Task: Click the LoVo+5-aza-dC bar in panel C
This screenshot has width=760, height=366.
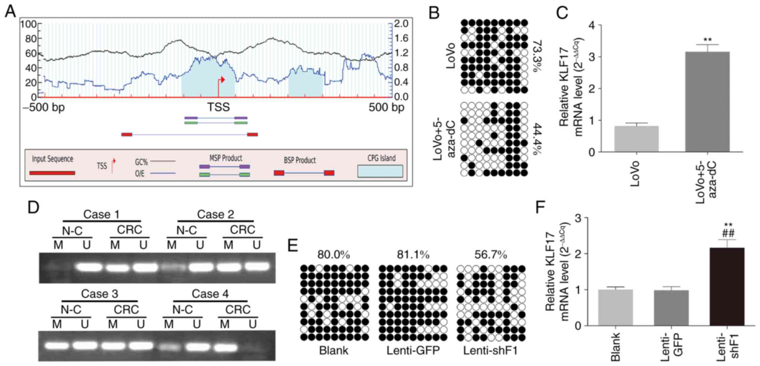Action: click(707, 102)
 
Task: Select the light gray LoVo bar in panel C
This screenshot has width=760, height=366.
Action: click(636, 139)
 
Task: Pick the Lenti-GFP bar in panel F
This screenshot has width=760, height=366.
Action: click(671, 308)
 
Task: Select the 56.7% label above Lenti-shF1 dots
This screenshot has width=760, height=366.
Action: click(491, 255)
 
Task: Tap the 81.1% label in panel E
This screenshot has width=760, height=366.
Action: click(413, 255)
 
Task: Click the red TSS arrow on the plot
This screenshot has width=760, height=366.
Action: click(221, 80)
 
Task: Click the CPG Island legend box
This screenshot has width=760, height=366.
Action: click(380, 171)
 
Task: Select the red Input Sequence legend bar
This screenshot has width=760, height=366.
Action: click(52, 173)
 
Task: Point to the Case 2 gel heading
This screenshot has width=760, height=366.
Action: click(215, 214)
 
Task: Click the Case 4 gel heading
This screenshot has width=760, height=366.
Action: click(210, 294)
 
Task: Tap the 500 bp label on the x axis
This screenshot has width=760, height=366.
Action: click(386, 108)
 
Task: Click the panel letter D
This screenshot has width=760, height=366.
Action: click(33, 207)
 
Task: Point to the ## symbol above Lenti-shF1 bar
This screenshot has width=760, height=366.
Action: click(728, 233)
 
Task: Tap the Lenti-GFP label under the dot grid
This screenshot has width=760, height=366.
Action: click(413, 351)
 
